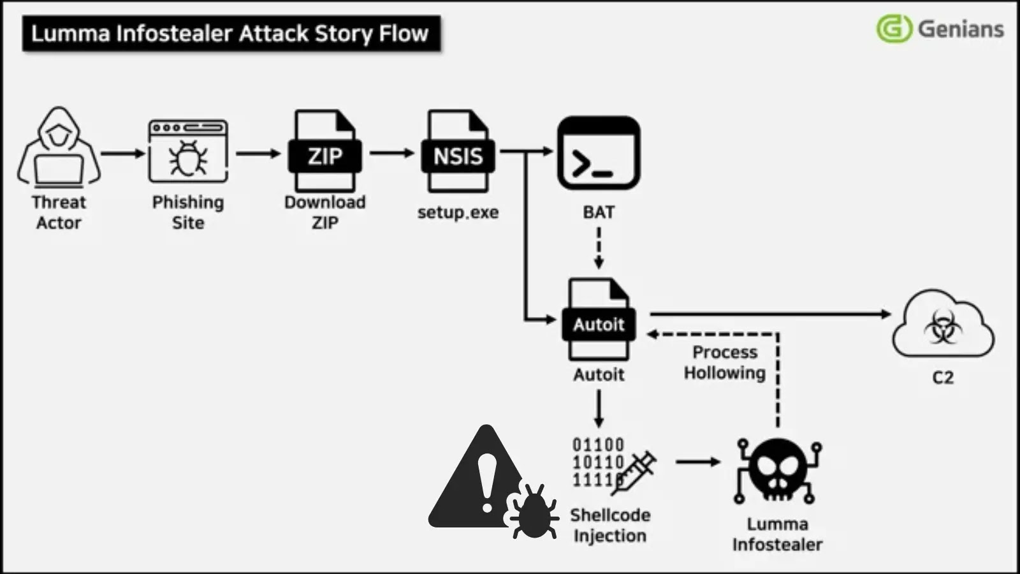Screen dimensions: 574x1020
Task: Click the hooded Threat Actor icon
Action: click(x=59, y=148)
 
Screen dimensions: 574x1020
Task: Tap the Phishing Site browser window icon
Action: click(x=188, y=151)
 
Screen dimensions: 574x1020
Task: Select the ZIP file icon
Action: click(x=325, y=152)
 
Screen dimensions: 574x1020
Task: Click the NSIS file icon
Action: click(x=458, y=152)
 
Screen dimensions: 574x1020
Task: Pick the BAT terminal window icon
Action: click(x=598, y=153)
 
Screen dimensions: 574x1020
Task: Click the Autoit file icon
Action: click(x=598, y=320)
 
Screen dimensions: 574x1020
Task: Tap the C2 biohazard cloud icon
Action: click(x=943, y=325)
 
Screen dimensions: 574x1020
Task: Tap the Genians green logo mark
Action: click(x=894, y=29)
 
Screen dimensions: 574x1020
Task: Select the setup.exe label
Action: click(x=458, y=212)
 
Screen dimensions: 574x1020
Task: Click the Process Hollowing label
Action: click(x=725, y=362)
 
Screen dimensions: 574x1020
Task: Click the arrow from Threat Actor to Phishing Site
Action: click(x=123, y=153)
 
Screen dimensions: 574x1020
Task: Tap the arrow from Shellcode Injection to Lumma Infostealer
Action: click(x=697, y=461)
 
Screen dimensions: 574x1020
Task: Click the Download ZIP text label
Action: click(x=324, y=212)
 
